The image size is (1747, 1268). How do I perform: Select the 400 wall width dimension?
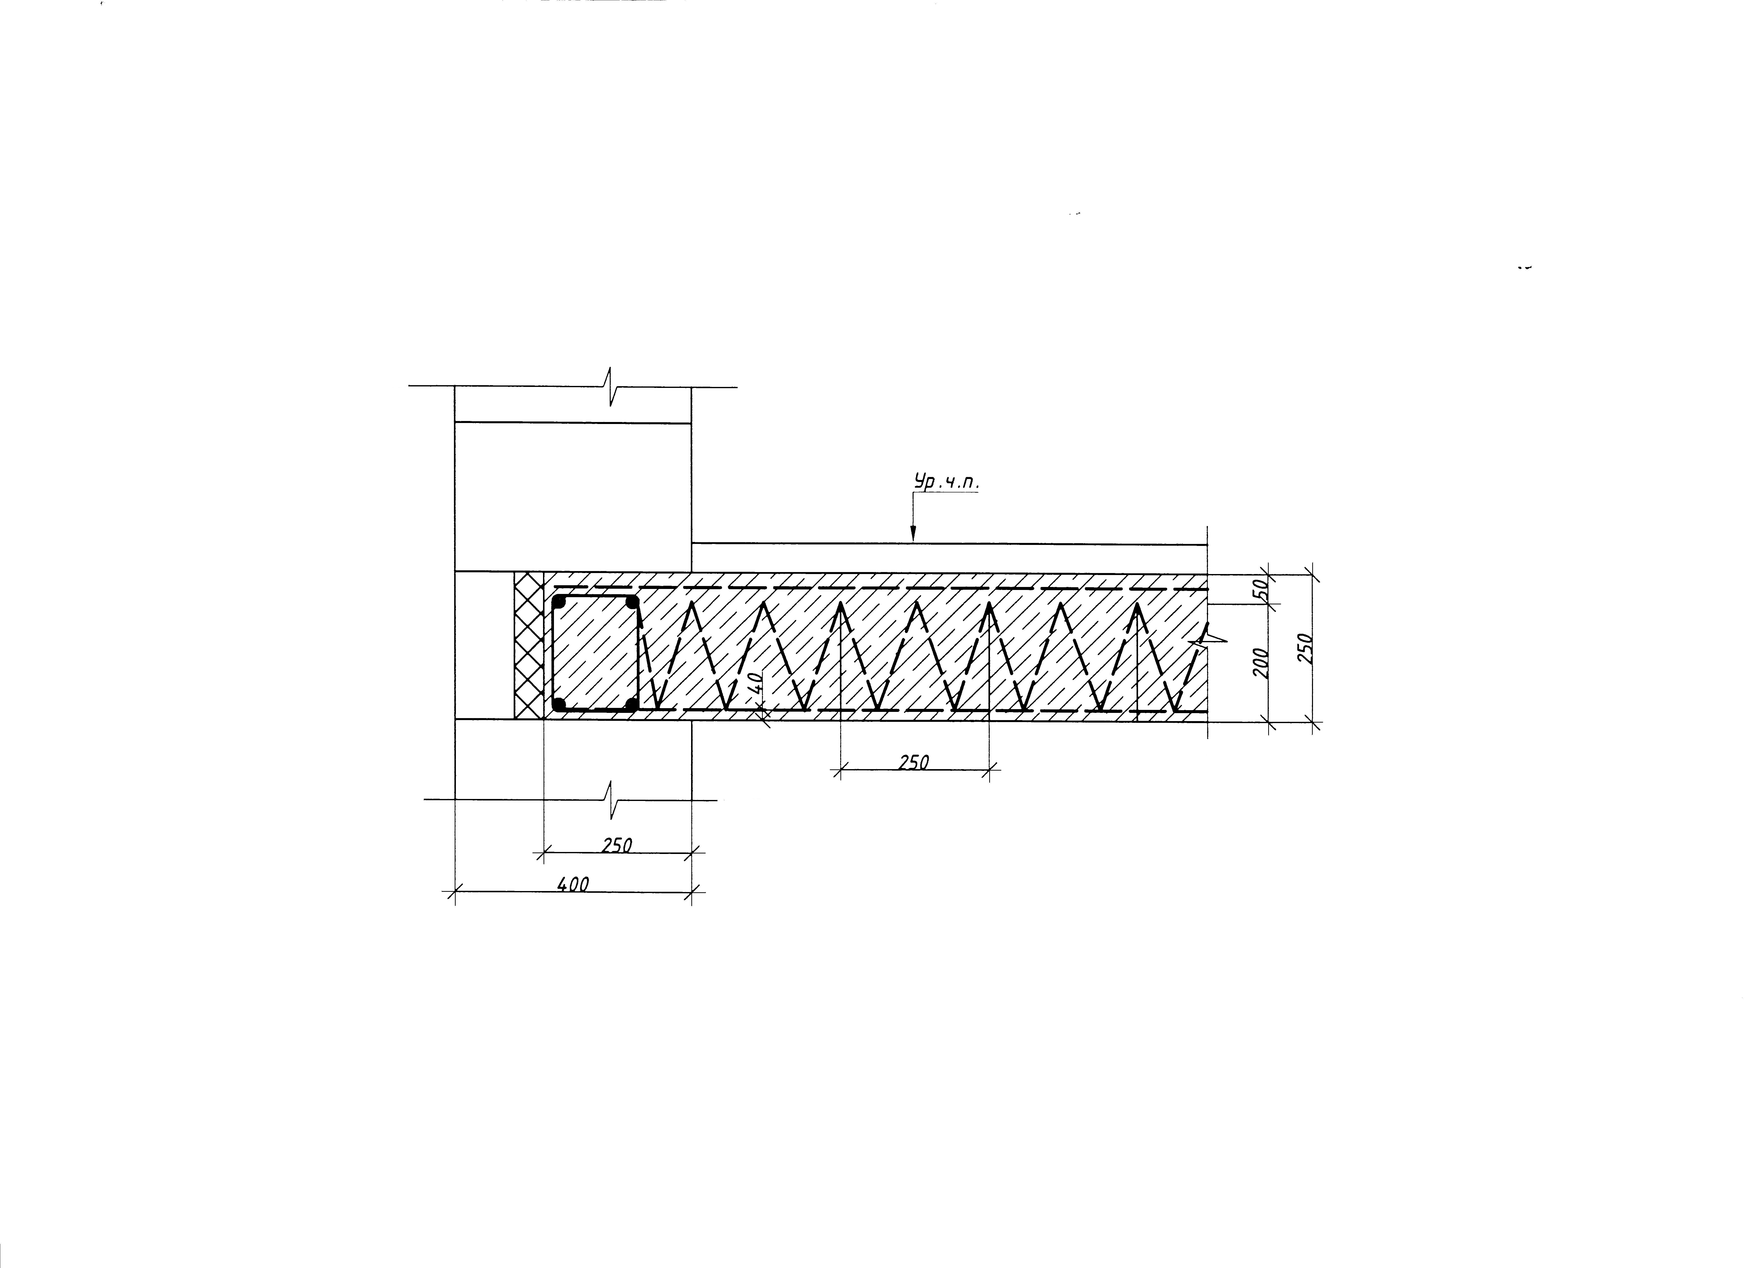click(x=573, y=885)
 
